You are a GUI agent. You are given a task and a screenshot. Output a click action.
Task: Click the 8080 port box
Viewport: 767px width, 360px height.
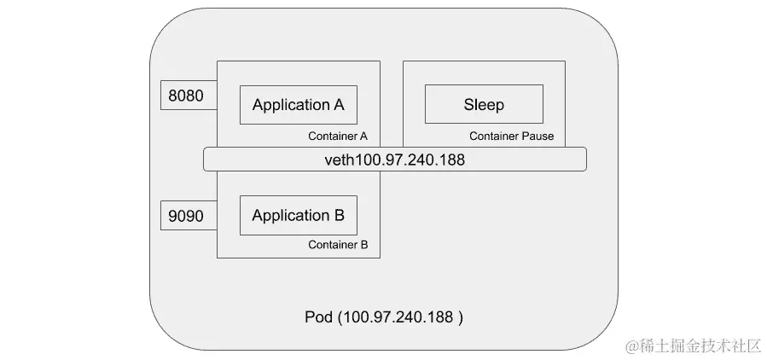click(x=186, y=96)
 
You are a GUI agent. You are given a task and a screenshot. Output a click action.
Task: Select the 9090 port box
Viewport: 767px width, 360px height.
click(x=186, y=216)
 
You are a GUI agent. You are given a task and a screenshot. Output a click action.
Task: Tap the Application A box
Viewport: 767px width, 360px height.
click(x=298, y=105)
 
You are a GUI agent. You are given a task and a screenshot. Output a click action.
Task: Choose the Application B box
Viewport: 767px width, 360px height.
click(x=298, y=216)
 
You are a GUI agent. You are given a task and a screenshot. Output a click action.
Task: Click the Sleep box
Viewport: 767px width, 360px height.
click(x=484, y=105)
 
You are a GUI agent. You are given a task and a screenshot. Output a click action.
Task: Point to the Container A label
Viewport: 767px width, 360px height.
click(x=337, y=136)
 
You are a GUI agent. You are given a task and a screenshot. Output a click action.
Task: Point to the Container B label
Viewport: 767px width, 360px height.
click(x=337, y=245)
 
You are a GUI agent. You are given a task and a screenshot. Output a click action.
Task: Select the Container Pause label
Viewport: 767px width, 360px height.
click(x=511, y=136)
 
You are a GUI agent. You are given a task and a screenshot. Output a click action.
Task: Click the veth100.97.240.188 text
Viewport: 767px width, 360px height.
click(x=394, y=160)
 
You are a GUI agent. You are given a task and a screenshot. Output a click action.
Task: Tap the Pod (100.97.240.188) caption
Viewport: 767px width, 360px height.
click(x=384, y=317)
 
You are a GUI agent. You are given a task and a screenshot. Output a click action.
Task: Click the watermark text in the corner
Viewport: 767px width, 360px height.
click(x=692, y=345)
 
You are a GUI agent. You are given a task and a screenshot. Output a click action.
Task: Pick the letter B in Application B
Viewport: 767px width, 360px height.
click(x=339, y=216)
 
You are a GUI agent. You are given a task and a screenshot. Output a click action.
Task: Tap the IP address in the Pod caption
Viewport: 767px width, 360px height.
click(x=398, y=317)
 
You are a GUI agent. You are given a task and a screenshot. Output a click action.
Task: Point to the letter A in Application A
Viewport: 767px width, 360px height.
click(x=339, y=105)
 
